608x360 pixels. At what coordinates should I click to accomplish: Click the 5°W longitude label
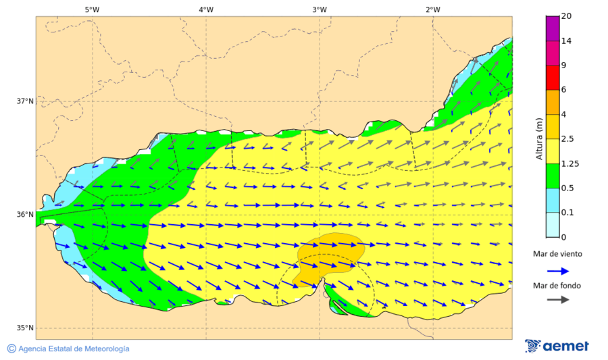point(92,9)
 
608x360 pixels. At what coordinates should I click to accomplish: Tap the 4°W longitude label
point(206,9)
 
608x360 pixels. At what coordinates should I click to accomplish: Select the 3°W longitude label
point(320,9)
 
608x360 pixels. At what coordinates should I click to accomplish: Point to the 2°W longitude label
point(433,9)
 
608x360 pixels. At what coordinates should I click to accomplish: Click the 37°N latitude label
point(25,101)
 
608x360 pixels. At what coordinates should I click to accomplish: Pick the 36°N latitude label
point(25,215)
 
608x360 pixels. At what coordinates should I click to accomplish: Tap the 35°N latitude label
point(25,328)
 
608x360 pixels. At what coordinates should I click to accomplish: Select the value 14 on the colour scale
point(567,41)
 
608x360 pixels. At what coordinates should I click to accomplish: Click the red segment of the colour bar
point(552,77)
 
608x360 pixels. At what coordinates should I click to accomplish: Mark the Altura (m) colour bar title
point(539,138)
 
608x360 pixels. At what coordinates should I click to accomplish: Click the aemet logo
point(557,346)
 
